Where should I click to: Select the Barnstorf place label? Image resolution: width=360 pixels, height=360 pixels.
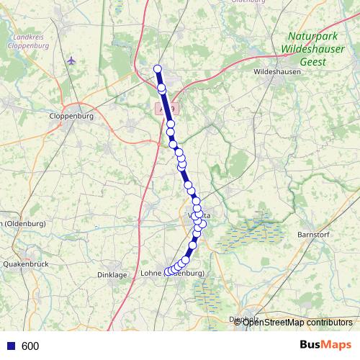coord(313,235)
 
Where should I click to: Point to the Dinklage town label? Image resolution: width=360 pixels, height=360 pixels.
coord(112,274)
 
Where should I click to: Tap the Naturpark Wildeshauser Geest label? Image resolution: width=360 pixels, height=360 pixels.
coord(312,48)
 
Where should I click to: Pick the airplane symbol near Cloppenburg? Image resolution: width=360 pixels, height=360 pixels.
coord(70,60)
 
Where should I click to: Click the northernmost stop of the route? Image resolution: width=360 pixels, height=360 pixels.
coord(157,69)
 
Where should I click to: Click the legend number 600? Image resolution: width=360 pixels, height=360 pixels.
coord(30,346)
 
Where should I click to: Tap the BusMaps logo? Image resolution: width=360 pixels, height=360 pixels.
coord(325,345)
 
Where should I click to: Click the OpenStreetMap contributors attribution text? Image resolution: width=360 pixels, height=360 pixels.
coord(297,322)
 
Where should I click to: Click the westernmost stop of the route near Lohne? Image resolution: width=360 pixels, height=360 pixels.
coord(168,271)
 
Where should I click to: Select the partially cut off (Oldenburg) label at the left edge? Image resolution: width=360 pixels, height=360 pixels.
coord(23,223)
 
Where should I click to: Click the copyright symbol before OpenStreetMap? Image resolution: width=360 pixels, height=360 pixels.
coord(238,322)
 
